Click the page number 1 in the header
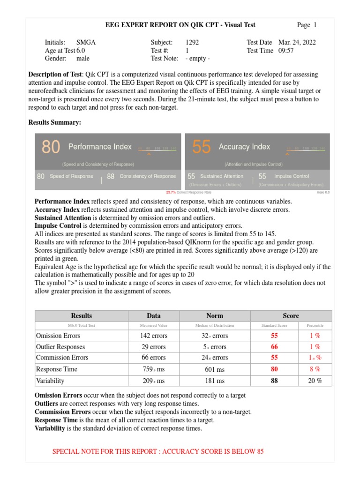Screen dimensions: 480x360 click(x=315, y=25)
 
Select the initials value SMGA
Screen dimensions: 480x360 click(x=86, y=42)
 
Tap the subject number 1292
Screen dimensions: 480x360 click(x=192, y=42)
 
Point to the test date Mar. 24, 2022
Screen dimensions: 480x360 click(x=297, y=42)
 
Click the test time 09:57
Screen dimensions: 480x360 click(x=286, y=51)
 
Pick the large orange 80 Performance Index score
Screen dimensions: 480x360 click(x=51, y=147)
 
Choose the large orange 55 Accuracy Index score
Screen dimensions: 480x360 click(x=201, y=147)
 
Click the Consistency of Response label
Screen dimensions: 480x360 click(x=148, y=176)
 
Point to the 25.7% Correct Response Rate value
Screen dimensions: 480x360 click(x=171, y=192)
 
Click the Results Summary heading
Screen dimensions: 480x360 click(x=55, y=122)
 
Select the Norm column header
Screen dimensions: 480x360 click(x=215, y=316)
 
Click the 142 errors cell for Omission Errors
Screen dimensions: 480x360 click(x=153, y=336)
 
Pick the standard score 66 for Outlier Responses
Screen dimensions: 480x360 click(x=274, y=347)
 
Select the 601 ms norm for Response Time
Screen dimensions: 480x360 click(x=215, y=369)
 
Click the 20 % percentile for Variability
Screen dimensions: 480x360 click(x=315, y=381)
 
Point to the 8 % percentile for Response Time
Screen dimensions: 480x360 click(x=315, y=369)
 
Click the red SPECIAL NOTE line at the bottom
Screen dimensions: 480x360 click(x=158, y=451)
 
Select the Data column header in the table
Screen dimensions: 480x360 click(x=153, y=316)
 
